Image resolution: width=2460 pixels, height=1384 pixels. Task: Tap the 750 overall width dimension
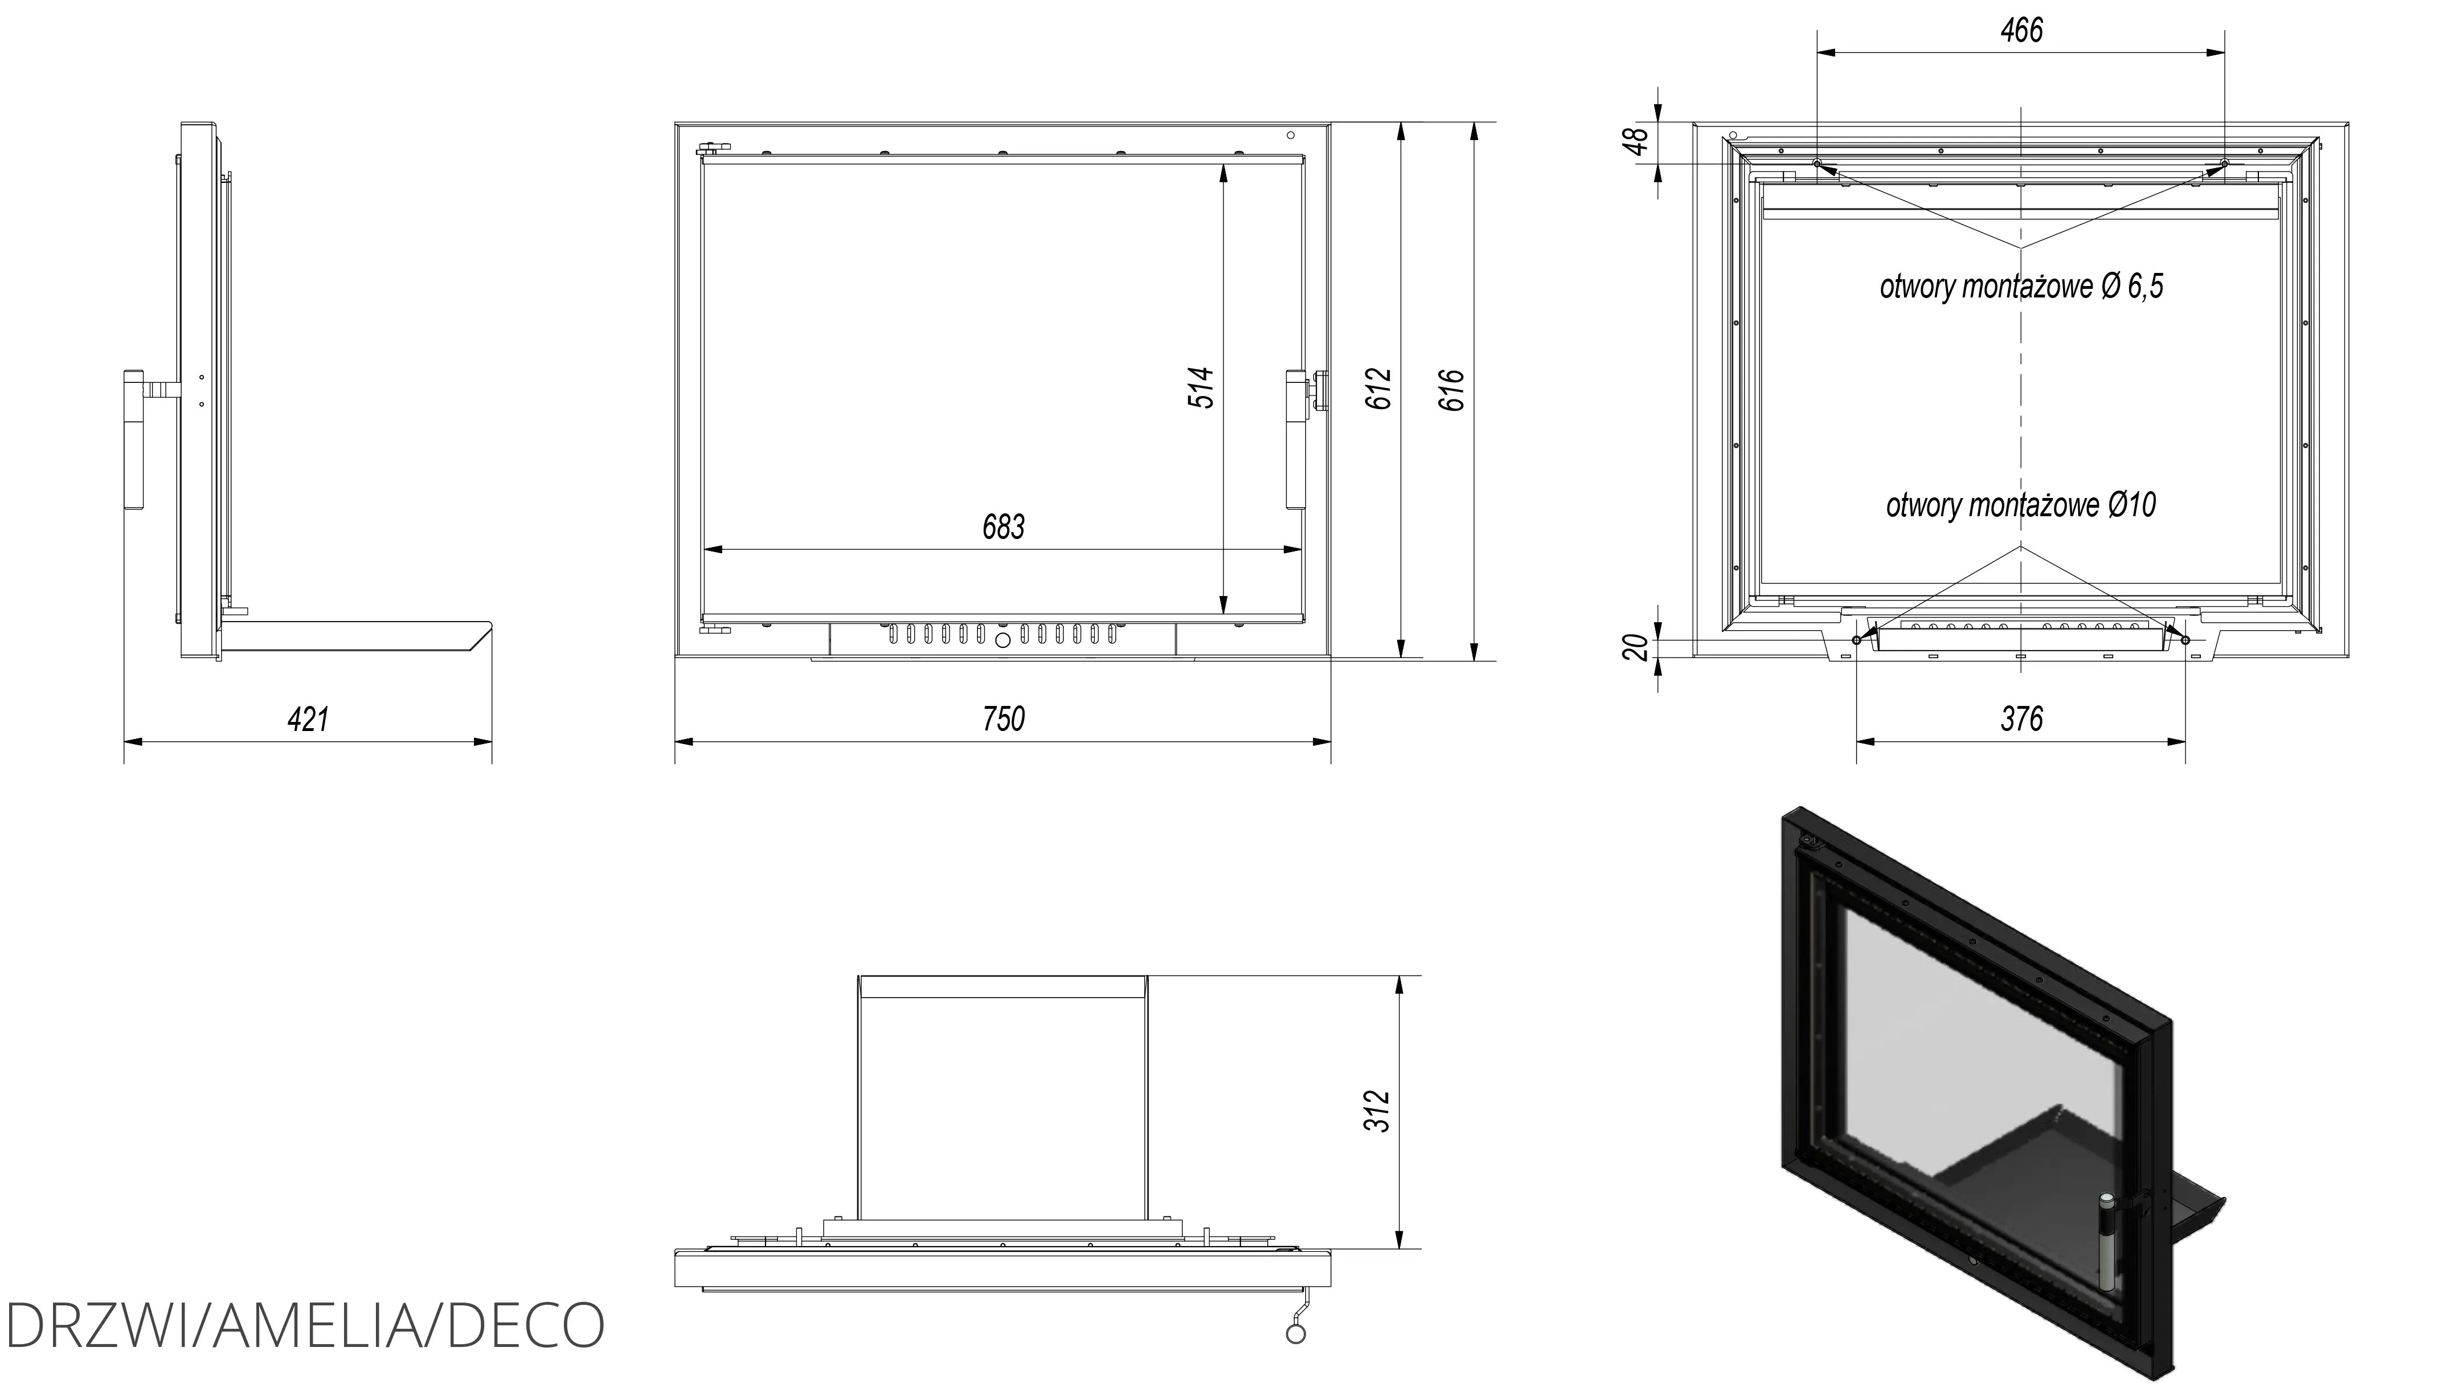click(1004, 719)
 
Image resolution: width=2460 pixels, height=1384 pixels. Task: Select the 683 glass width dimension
click(1004, 527)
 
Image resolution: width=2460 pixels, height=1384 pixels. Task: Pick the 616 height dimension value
click(1451, 390)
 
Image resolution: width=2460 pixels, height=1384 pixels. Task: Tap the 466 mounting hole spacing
click(2021, 31)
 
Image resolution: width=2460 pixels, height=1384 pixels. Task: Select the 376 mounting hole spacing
click(2021, 719)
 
